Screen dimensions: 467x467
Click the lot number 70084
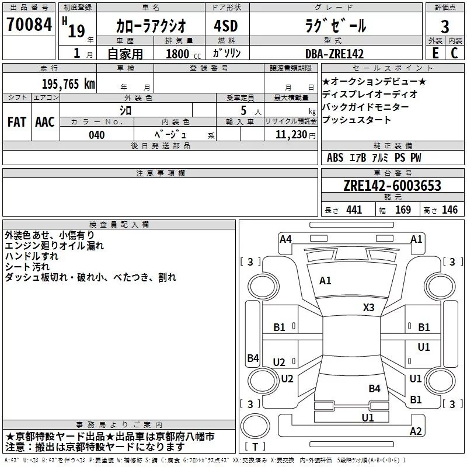point(29,25)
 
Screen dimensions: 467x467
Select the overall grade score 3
point(445,27)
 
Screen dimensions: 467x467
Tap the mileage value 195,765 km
point(68,84)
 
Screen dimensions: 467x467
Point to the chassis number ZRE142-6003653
point(392,186)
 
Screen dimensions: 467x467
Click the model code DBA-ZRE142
point(334,54)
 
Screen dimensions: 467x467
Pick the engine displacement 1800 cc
point(183,54)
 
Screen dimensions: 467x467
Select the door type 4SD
point(225,26)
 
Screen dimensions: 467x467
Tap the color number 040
point(97,135)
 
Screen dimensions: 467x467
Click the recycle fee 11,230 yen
point(295,135)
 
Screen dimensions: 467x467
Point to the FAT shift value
point(17,122)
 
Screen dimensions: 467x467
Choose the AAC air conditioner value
point(45,122)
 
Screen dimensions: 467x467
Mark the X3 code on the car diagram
point(368,308)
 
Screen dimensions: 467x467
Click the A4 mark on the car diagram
point(285,239)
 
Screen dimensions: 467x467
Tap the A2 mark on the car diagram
point(416,431)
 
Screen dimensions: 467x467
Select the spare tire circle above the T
point(255,426)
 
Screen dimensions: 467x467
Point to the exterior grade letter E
point(435,53)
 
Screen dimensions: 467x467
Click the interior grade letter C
point(454,53)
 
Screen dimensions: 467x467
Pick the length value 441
point(354,210)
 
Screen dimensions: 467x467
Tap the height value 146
point(449,210)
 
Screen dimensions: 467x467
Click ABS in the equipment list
point(335,158)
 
